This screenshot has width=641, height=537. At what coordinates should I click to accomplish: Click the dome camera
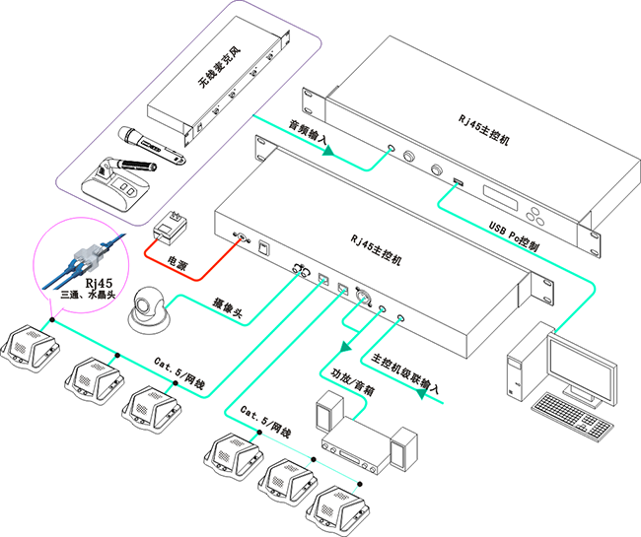[150, 309]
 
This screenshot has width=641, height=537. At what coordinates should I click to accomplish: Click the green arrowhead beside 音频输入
[330, 151]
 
